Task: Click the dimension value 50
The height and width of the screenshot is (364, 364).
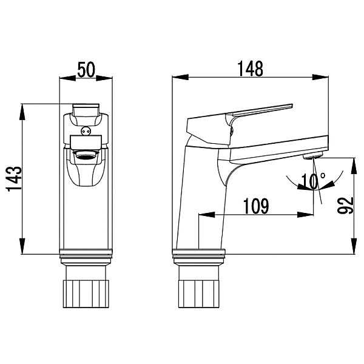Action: pos(86,70)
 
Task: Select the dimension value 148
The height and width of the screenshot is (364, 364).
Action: pos(250,69)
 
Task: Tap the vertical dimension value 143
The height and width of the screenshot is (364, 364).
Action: pos(15,178)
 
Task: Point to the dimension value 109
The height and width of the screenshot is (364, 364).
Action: pos(256,206)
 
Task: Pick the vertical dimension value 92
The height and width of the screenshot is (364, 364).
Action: pos(345,205)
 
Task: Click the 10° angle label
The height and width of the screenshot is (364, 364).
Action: pos(313,181)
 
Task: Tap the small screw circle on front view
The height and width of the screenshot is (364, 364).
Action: pos(86,131)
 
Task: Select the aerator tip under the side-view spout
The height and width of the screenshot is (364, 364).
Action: pos(312,155)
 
